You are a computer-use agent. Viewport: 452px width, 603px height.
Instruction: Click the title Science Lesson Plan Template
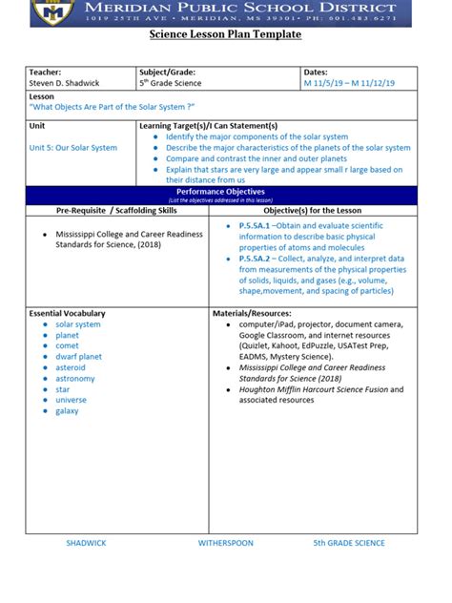pos(225,34)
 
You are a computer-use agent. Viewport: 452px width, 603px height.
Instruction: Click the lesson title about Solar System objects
pos(113,107)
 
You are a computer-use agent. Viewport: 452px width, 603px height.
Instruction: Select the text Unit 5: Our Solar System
pos(73,148)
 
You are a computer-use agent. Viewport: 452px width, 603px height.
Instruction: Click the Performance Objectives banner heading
pos(225,192)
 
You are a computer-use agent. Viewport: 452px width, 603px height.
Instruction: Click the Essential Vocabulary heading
pos(68,313)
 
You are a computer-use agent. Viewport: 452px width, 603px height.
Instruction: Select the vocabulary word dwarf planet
pos(78,357)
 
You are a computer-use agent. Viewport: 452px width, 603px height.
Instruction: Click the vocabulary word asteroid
pos(71,367)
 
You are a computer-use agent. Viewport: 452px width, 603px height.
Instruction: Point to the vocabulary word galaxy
pos(67,411)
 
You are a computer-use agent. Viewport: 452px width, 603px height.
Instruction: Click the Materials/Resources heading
pos(252,313)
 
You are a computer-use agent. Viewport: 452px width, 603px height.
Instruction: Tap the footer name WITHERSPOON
pos(225,543)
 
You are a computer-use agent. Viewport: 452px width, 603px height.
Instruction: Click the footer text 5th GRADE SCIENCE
pos(349,543)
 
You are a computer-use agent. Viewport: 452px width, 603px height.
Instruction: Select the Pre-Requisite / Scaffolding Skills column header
pos(116,209)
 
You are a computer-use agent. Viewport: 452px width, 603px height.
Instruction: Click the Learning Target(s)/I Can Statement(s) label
pos(208,126)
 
